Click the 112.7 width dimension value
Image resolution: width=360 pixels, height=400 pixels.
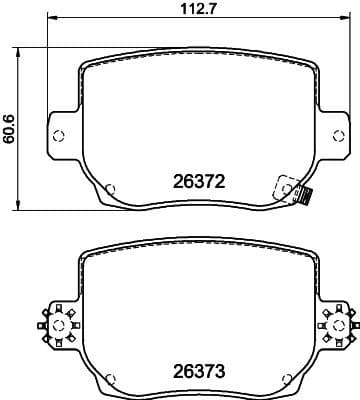coord(180,12)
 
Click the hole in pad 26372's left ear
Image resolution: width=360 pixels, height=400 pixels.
coord(58,137)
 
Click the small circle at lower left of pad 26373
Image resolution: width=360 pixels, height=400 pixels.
coord(111,375)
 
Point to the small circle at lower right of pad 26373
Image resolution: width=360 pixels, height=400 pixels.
coord(287,375)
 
